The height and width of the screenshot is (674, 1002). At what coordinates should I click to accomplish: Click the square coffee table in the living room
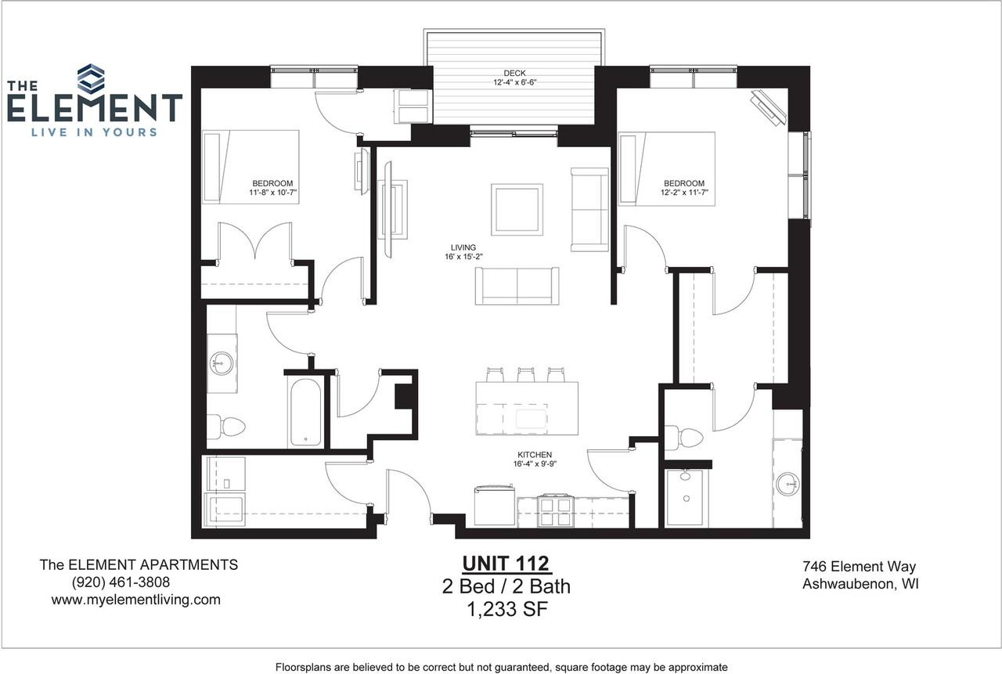coord(517,209)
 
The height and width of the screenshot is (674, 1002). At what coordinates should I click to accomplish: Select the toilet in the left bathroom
coord(228,427)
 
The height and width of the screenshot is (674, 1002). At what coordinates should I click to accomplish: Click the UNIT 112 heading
coord(506,564)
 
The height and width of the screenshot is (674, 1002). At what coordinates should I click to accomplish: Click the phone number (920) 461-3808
coord(120,582)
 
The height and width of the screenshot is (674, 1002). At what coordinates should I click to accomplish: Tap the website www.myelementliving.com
coord(135,600)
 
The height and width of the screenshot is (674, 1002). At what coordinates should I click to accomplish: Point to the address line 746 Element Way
coord(859,567)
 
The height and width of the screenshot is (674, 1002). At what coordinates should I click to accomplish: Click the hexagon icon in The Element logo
coord(91,78)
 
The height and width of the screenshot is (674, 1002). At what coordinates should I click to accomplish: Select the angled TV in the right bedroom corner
coord(768,108)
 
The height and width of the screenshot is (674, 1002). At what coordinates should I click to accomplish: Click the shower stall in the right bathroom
coord(686,498)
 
